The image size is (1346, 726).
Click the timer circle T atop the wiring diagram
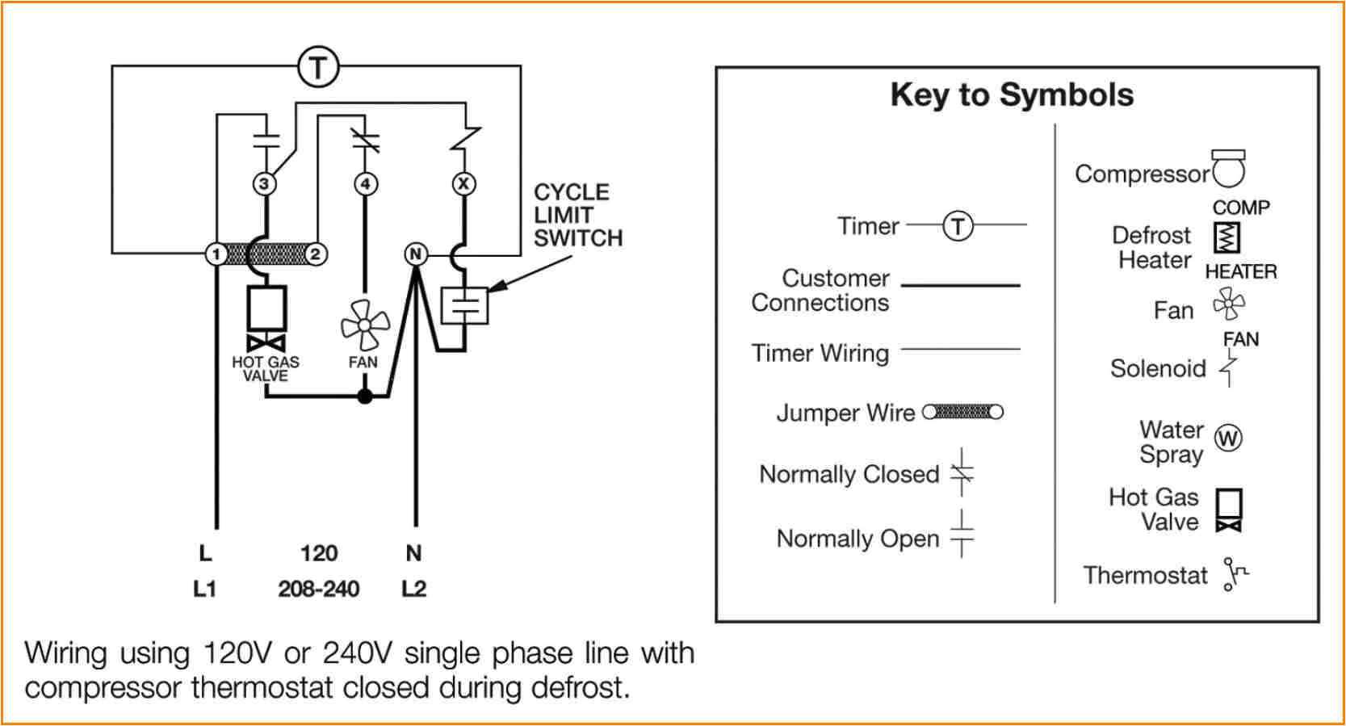[x=318, y=67]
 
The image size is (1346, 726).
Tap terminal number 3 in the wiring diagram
[x=264, y=184]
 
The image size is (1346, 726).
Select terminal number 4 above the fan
[x=366, y=184]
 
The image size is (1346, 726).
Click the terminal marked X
[x=463, y=183]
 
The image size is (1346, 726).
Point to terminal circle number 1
[x=216, y=254]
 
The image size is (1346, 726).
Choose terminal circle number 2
[x=315, y=254]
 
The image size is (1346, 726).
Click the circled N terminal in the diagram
[x=415, y=254]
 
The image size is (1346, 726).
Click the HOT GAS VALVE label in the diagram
[x=265, y=369]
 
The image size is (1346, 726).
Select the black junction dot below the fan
[x=365, y=397]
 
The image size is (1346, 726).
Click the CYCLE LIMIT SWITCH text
[x=577, y=216]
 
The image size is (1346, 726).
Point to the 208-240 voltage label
[x=318, y=589]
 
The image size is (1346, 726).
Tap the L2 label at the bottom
[x=413, y=589]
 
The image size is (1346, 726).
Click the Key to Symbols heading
[x=1012, y=95]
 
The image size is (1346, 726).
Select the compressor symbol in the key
[x=1228, y=168]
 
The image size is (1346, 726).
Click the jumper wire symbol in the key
[x=962, y=412]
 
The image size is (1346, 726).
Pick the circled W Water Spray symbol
[x=1228, y=439]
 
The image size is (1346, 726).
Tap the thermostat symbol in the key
[x=1234, y=573]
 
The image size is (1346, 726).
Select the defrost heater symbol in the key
[x=1226, y=237]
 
